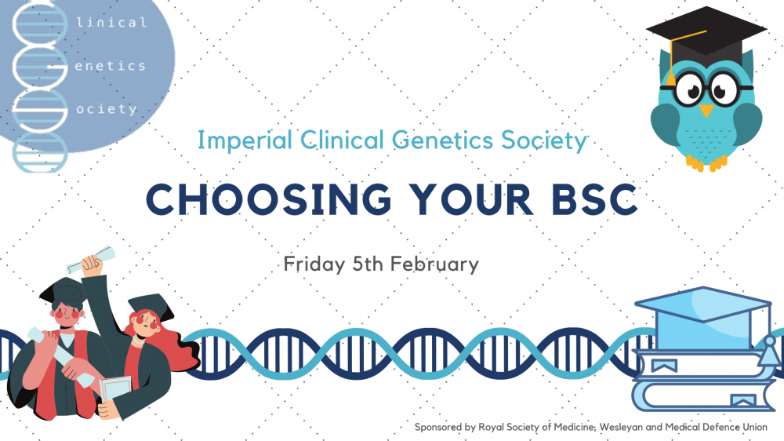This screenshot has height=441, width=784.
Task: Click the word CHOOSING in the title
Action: pyautogui.click(x=268, y=199)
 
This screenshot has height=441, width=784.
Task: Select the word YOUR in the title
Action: pyautogui.click(x=471, y=199)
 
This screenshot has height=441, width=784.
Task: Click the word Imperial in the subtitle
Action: pyautogui.click(x=245, y=140)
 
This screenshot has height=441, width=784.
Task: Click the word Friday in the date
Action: pyautogui.click(x=314, y=264)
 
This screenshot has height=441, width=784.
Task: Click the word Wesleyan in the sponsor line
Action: pyautogui.click(x=620, y=427)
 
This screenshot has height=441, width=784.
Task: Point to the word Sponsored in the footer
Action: pyautogui.click(x=438, y=428)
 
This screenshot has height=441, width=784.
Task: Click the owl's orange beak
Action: pyautogui.click(x=706, y=111)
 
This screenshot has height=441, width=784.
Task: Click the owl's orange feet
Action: pyautogui.click(x=706, y=162)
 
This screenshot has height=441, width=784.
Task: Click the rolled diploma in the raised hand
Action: pyautogui.click(x=91, y=260)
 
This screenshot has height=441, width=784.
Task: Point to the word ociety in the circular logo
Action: pyautogui.click(x=107, y=108)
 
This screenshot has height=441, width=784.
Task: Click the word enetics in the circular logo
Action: pyautogui.click(x=110, y=66)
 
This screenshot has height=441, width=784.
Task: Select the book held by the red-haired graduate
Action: pyautogui.click(x=116, y=391)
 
